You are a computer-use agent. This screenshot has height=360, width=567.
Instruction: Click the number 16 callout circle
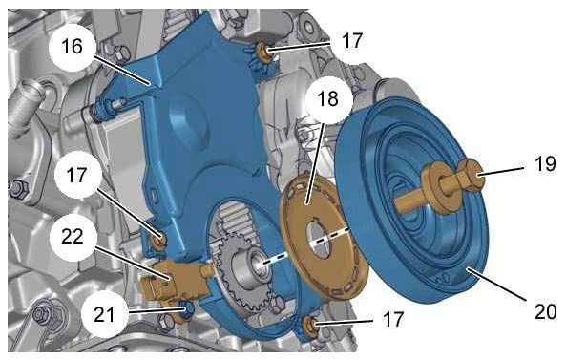point(73,47)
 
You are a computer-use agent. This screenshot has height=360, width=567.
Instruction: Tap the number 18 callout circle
point(328,99)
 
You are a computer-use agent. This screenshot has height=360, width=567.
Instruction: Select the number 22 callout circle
point(73,237)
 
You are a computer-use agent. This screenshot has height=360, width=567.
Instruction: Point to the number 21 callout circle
point(104,314)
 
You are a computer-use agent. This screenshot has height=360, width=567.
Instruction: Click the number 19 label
point(545,164)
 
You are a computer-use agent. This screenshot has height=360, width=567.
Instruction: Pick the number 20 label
point(546,311)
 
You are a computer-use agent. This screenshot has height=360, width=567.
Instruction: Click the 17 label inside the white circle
point(77,175)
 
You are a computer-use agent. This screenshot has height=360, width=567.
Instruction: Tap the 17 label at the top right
point(351,40)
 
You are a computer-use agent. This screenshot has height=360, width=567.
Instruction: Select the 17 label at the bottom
point(392,320)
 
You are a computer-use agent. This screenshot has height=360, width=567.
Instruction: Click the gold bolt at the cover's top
point(264,52)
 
